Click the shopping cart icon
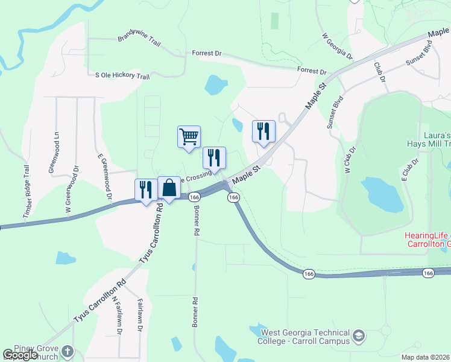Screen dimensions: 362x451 click(x=189, y=136)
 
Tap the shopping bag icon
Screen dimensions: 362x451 click(x=169, y=187)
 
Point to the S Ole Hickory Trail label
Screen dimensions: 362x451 click(x=122, y=76)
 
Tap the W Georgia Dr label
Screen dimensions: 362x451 click(x=338, y=46)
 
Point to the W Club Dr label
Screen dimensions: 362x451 click(x=350, y=159)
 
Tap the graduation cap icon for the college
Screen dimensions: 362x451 click(x=359, y=335)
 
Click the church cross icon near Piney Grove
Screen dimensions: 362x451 click(x=68, y=351)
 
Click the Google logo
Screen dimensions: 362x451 click(x=20, y=355)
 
